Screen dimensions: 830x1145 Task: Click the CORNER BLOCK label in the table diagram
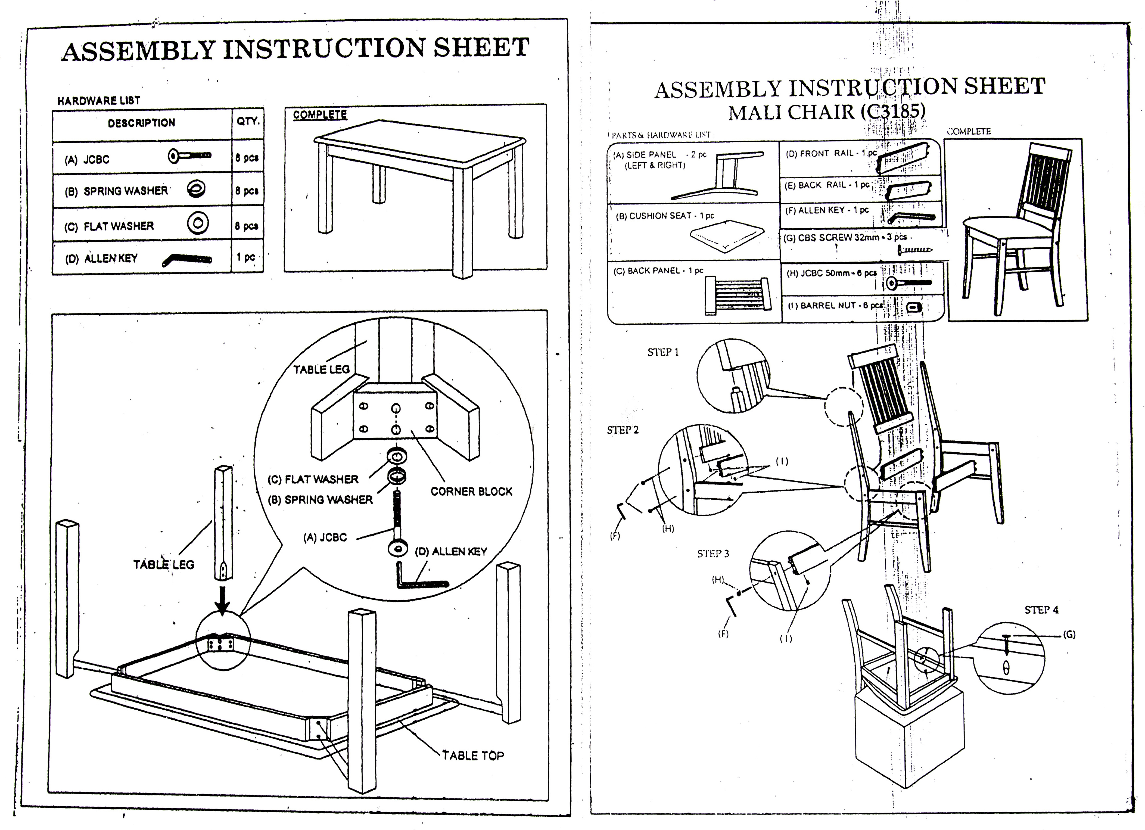point(471,491)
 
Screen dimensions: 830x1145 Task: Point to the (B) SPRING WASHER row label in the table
point(116,191)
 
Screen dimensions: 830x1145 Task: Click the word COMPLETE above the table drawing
point(320,115)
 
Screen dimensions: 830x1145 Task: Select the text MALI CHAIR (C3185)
point(826,111)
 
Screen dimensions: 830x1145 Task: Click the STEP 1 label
point(663,352)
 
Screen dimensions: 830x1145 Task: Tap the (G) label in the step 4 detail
point(1069,635)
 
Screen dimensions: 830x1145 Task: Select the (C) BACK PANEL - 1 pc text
point(658,271)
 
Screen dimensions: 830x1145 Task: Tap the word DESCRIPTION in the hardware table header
point(141,123)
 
